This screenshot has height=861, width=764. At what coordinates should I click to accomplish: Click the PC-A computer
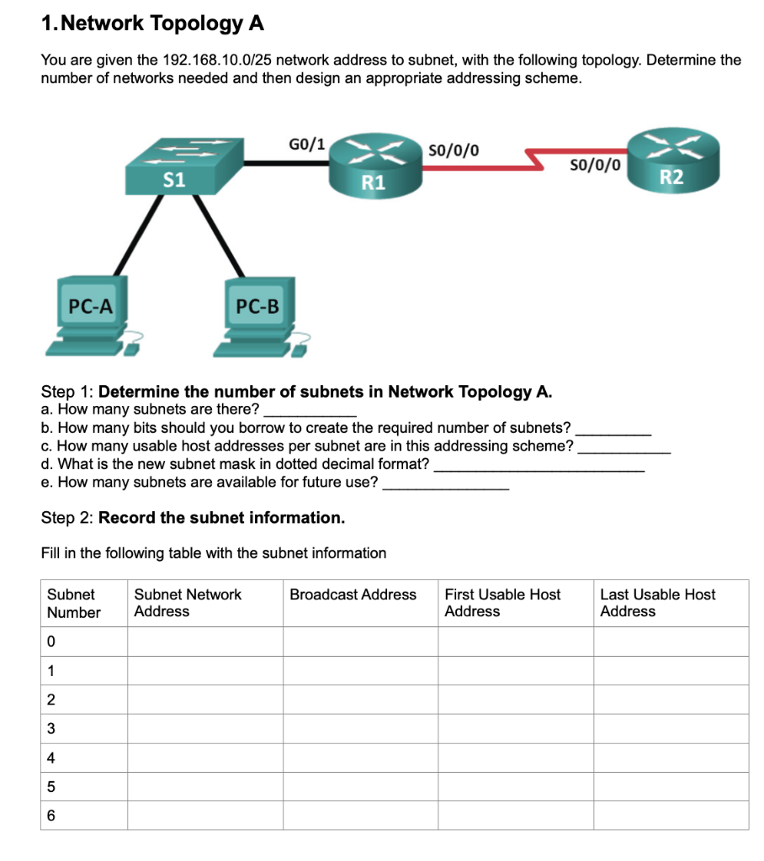pos(88,315)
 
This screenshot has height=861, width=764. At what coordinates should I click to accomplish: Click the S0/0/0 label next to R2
pos(596,165)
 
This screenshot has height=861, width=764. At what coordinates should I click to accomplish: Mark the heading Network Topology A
pos(152,24)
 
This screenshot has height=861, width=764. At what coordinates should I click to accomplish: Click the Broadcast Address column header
pos(353,594)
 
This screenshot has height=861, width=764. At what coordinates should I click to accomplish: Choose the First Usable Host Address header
pos(502,602)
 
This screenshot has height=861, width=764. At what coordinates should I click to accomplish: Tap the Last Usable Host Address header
pos(657,602)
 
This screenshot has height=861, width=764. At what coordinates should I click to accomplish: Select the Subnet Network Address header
pos(188,602)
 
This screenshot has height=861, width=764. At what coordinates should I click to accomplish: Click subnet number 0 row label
pos(51,642)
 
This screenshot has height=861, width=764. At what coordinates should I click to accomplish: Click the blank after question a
pos(310,409)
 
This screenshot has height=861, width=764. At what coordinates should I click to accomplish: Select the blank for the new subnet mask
pos(539,464)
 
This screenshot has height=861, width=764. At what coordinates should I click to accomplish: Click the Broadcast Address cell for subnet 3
pos(359,728)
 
